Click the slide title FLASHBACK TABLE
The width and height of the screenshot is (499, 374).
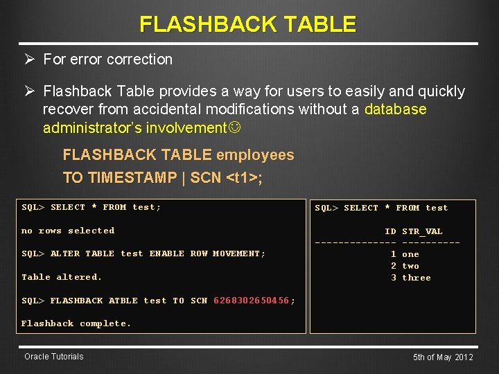tap(248, 24)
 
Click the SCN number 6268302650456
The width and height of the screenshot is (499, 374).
tap(251, 301)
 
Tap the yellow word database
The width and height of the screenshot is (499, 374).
tap(395, 109)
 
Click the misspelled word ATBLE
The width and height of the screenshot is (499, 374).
tap(123, 301)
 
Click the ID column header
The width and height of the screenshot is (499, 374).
tap(390, 231)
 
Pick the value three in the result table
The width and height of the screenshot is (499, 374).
tap(416, 278)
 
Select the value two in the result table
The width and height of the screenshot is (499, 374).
tap(410, 266)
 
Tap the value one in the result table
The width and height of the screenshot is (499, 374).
tap(410, 254)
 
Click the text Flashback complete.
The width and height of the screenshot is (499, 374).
tap(76, 323)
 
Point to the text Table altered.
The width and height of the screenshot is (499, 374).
tap(62, 277)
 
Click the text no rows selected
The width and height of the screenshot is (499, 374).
tap(68, 231)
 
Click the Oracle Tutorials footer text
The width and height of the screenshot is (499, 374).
tap(53, 357)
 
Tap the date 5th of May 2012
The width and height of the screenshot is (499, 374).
tap(443, 357)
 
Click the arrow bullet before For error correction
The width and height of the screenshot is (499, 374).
tap(30, 60)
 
